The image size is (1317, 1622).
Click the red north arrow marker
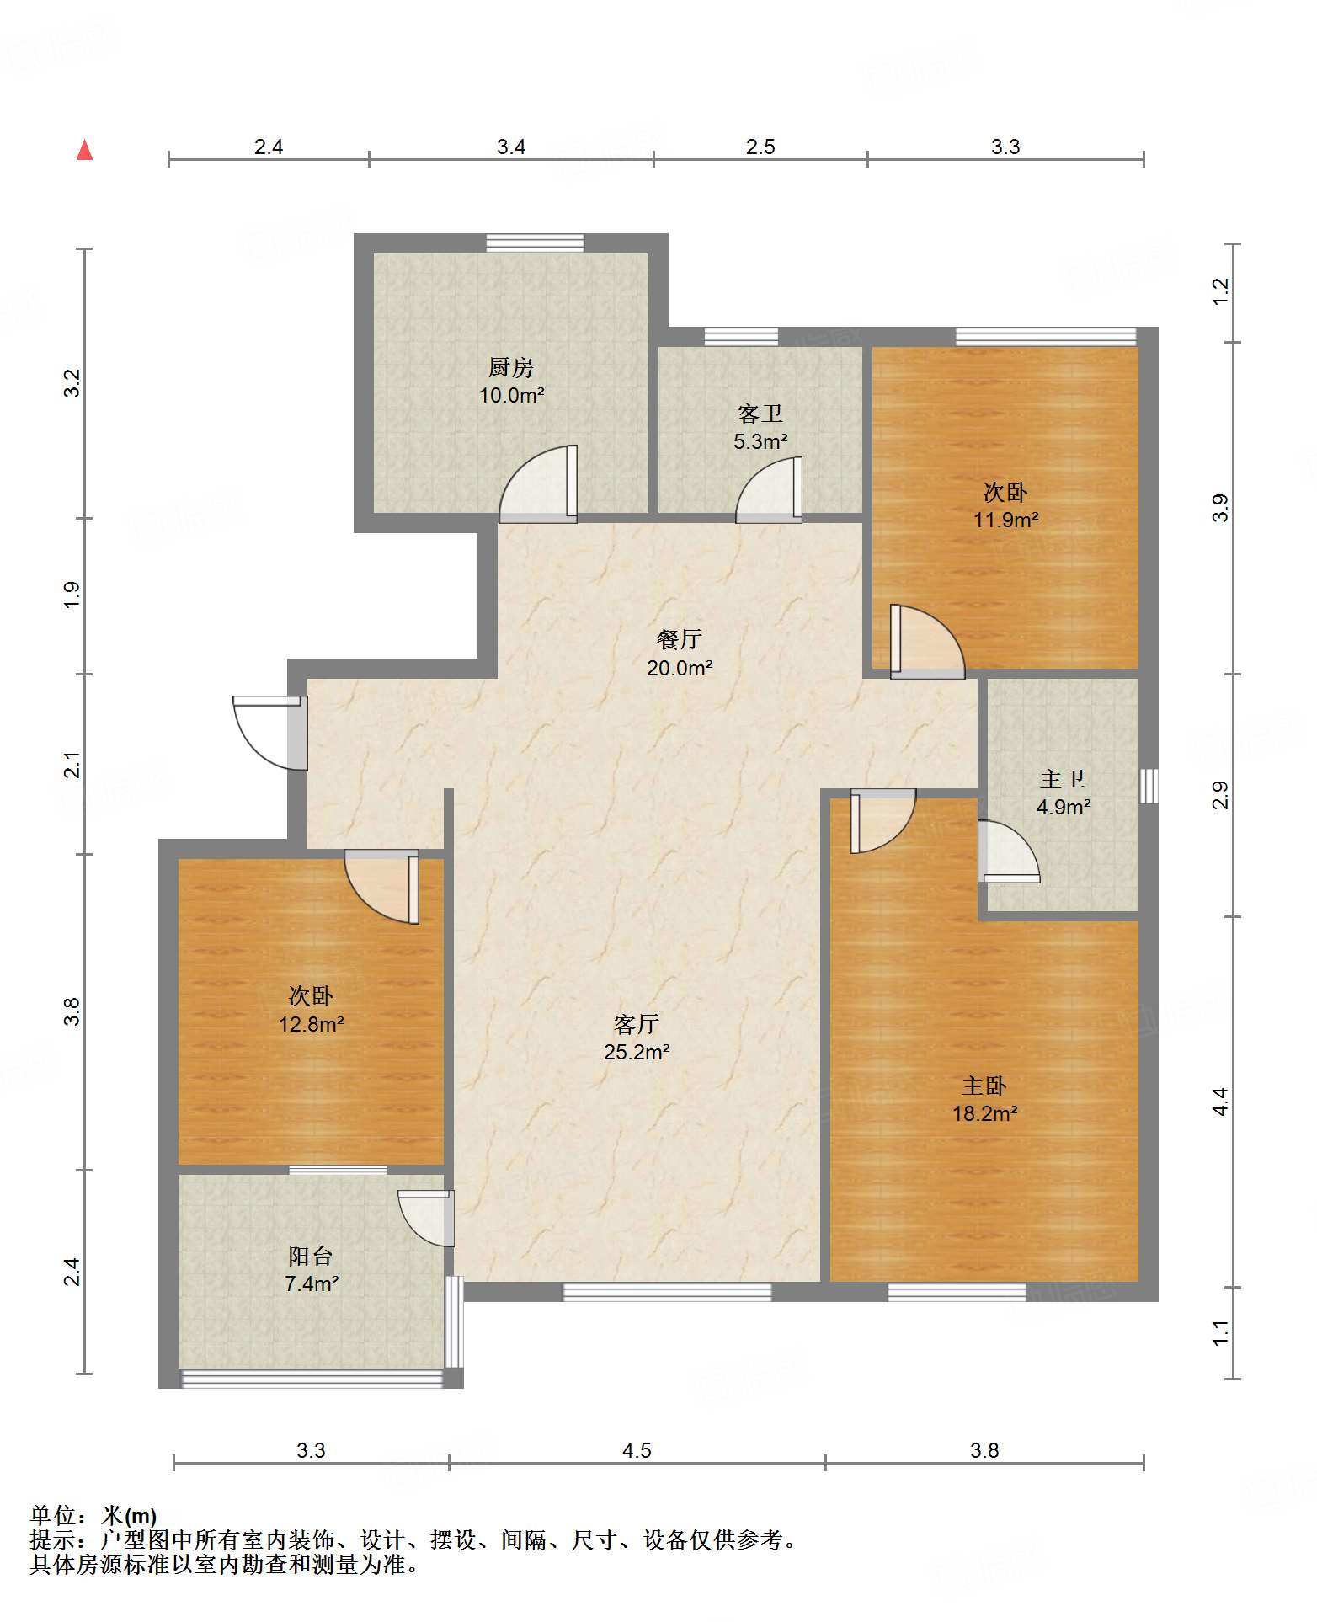84,150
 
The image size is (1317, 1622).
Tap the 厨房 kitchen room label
511,367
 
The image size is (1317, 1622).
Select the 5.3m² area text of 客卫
760,441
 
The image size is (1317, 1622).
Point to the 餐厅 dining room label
679,639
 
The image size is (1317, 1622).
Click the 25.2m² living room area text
637,1052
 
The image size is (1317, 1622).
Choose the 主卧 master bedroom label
984,1086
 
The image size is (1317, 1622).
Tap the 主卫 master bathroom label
1063,779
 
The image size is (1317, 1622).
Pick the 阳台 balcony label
311,1256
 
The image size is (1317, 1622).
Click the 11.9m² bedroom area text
1006,520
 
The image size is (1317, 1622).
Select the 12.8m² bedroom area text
312,1024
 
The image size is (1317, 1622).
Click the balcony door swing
425,1218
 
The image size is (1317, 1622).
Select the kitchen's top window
535,243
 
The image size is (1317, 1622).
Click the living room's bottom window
667,1291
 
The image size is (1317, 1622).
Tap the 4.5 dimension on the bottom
637,1450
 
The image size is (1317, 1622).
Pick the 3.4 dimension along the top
511,147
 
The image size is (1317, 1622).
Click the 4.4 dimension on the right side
1221,1102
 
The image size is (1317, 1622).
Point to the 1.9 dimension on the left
73,595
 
